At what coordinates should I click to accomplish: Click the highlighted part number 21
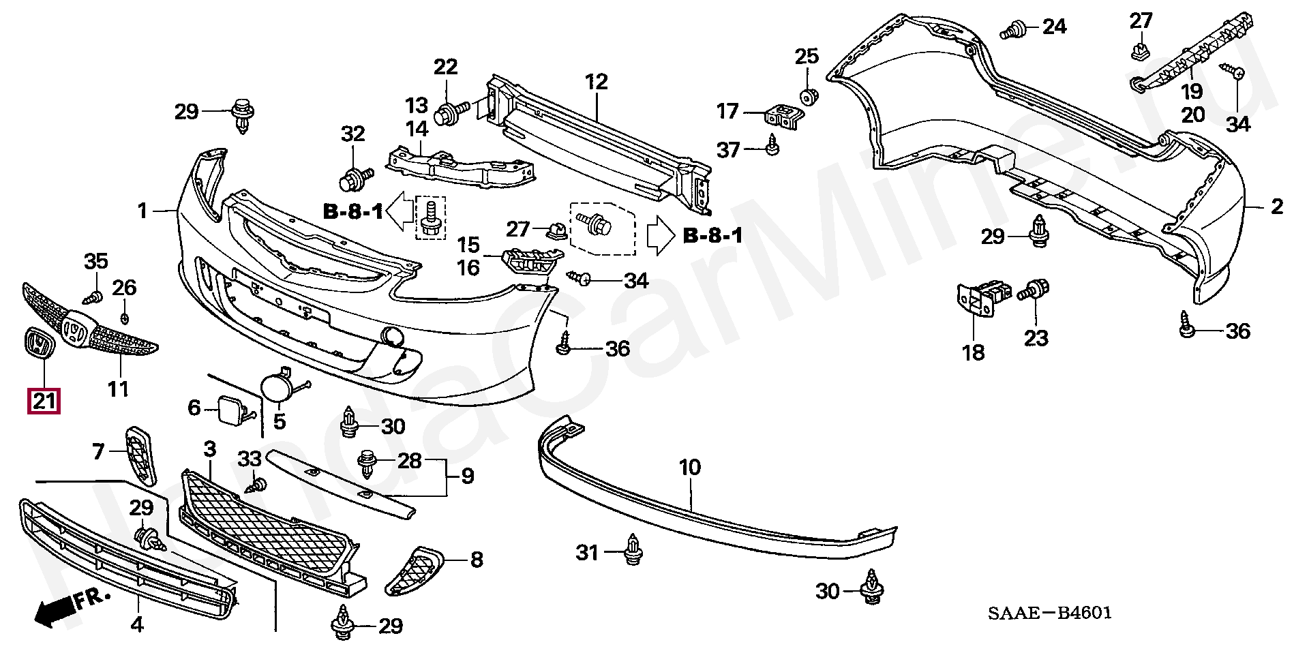pyautogui.click(x=44, y=400)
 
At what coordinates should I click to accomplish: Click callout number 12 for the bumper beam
pyautogui.click(x=596, y=82)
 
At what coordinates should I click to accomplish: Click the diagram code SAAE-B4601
pyautogui.click(x=1050, y=613)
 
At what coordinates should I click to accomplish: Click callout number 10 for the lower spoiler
pyautogui.click(x=689, y=468)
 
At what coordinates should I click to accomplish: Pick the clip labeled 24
pyautogui.click(x=1014, y=29)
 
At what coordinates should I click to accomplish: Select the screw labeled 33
pyautogui.click(x=258, y=486)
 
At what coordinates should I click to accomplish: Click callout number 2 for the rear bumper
pyautogui.click(x=1276, y=207)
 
